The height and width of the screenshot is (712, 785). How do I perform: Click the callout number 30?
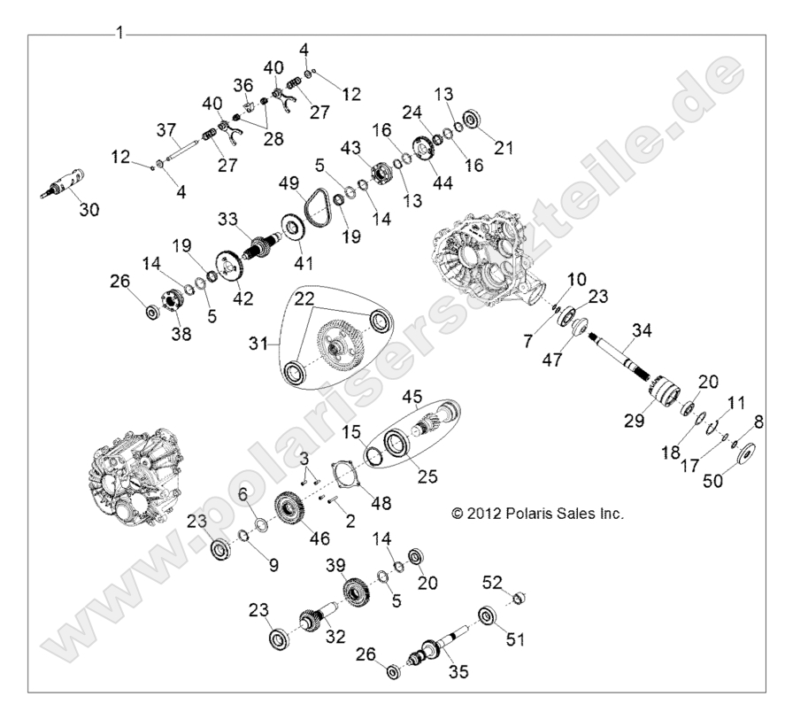tap(90, 210)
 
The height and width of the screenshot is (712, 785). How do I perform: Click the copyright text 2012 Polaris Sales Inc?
tap(537, 514)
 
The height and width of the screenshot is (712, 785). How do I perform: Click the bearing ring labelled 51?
tap(486, 615)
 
